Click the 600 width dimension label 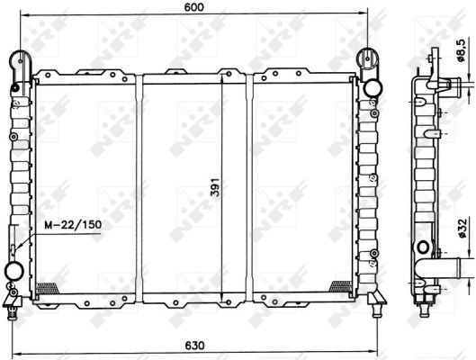coord(193,7)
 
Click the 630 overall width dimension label coord(194,346)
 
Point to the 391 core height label coord(215,186)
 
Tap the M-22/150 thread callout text coord(73,225)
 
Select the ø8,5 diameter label coord(461,50)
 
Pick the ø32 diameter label coord(461,229)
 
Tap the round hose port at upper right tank coord(373,88)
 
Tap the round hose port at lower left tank coord(14,272)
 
